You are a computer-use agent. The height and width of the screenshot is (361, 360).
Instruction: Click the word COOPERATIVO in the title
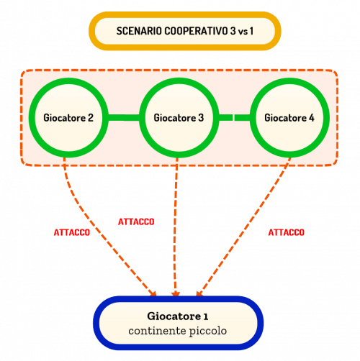point(196,31)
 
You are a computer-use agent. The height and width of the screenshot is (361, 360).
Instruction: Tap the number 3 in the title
point(233,31)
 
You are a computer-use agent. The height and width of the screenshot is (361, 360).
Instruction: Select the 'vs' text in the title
point(243,32)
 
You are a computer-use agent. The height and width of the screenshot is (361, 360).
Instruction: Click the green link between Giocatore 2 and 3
point(124,117)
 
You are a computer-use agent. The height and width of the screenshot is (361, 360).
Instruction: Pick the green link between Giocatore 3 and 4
point(235,117)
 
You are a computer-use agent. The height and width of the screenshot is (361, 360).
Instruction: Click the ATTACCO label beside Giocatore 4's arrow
point(287,232)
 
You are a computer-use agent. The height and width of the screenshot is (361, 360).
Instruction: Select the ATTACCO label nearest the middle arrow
point(136,221)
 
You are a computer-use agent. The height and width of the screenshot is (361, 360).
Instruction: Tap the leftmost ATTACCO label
point(72,232)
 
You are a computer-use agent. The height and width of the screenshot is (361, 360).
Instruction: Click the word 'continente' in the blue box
point(157,331)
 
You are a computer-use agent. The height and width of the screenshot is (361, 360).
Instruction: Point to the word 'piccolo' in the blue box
point(208,332)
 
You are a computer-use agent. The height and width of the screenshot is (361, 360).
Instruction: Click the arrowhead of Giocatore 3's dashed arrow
point(176,294)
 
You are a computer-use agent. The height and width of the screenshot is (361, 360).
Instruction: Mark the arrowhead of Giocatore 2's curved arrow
point(153,293)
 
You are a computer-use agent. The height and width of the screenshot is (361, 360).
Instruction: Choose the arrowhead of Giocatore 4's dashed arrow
point(199,293)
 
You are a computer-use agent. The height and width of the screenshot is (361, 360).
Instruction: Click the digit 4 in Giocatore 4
point(311,118)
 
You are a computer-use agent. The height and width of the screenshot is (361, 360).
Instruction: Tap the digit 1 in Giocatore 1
point(206,317)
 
